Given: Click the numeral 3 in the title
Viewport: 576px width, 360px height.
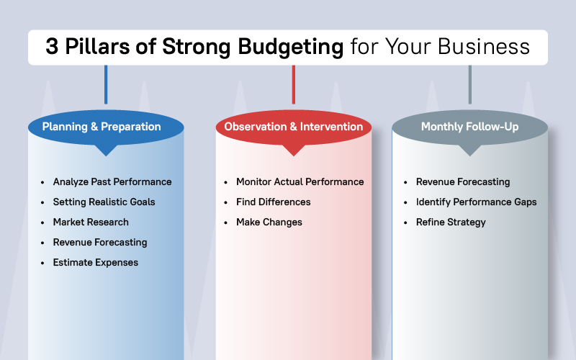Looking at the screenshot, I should point(52,48).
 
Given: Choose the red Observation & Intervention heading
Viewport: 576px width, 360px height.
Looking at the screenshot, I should point(293,127).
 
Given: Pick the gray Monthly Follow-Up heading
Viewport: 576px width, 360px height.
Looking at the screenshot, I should point(469,127).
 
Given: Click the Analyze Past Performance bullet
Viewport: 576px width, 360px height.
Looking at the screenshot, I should point(112,182).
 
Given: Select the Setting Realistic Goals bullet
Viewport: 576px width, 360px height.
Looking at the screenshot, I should point(104,202).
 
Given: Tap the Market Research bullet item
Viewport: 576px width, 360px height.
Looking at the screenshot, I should point(91,222).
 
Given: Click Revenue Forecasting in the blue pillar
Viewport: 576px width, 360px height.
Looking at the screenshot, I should point(99,243).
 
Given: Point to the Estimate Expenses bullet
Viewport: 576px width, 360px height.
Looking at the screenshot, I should point(95,263).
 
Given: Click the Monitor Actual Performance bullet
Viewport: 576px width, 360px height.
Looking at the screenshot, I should point(300,182).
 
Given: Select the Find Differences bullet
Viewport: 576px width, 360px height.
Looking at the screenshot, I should point(273,202).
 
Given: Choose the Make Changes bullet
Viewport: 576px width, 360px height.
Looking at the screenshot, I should point(269,222).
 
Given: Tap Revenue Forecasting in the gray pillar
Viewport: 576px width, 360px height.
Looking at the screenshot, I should point(462,182).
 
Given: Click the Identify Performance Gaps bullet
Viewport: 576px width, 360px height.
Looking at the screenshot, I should point(476,202).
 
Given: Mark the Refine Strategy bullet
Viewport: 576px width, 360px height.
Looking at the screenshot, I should point(451,222).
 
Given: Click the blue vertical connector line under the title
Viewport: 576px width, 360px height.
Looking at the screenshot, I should point(106,84).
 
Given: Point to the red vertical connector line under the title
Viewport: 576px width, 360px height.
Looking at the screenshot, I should point(293,84).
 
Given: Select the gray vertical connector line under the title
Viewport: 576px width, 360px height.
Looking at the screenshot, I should point(469,84).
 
